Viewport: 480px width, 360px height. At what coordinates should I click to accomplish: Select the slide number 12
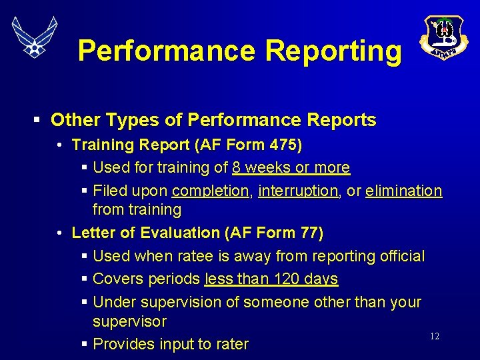point(435,337)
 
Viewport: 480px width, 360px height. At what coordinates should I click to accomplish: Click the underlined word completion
point(210,191)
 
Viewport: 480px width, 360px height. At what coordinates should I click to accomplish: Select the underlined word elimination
point(403,191)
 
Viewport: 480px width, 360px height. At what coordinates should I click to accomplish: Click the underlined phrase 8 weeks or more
point(291,167)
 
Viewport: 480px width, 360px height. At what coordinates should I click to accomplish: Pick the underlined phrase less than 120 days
point(271,279)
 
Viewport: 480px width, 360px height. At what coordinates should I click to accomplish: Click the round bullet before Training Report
point(60,145)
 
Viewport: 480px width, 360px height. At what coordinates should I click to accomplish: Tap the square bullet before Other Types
point(37,121)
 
